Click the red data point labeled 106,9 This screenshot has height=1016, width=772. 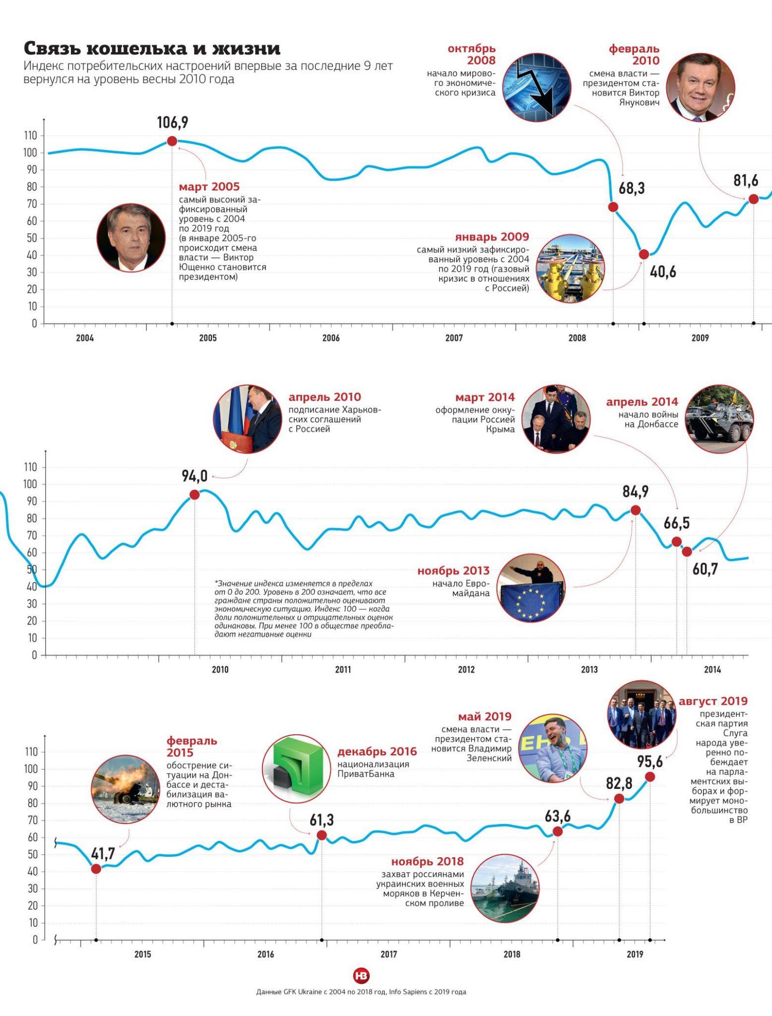coord(172,141)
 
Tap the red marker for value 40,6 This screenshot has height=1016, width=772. coord(644,254)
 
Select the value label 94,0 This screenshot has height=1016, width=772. coord(194,476)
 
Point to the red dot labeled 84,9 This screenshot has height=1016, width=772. coord(635,510)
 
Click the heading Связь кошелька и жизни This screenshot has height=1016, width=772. coord(152,49)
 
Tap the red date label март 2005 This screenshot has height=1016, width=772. coord(209,187)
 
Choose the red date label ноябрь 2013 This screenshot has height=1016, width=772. coord(453,571)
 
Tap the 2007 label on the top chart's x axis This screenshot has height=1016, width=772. coord(454,338)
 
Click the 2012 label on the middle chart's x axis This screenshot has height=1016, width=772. coord(466,670)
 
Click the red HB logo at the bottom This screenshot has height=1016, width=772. coord(361,976)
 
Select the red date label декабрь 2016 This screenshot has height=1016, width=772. coord(377,752)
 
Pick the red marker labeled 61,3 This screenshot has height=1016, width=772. coord(322,835)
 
